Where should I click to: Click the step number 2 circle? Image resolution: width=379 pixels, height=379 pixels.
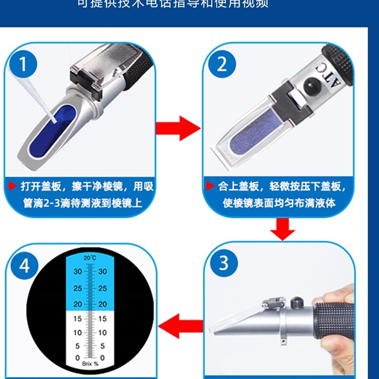(222, 64)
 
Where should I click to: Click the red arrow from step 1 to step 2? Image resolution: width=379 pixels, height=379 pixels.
(183, 126)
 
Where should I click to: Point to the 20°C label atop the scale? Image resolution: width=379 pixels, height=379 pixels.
(90, 258)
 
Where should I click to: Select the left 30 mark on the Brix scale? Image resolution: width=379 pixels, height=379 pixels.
(78, 272)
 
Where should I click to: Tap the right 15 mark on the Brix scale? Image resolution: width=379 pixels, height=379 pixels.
(102, 319)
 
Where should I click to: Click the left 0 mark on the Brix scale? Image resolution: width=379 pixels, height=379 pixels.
(78, 358)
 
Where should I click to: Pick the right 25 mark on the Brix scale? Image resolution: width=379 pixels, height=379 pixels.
(102, 288)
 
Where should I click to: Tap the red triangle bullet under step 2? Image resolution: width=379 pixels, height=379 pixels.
(209, 186)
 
